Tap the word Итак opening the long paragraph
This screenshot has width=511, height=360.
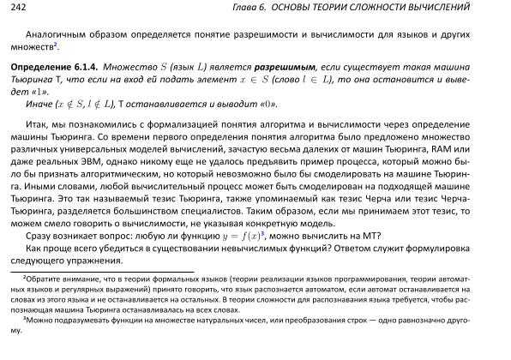[38, 125]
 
